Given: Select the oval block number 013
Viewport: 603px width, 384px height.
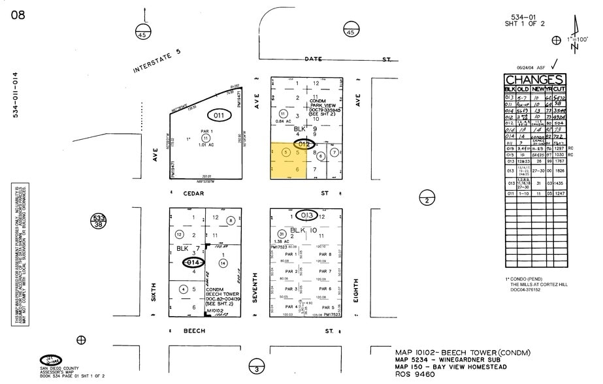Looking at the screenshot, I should [x=307, y=215].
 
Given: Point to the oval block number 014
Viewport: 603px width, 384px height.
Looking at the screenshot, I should [x=193, y=262].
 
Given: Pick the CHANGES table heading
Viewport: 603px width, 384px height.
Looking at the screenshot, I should [x=535, y=80].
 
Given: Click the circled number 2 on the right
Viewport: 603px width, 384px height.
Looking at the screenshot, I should [x=426, y=200].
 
